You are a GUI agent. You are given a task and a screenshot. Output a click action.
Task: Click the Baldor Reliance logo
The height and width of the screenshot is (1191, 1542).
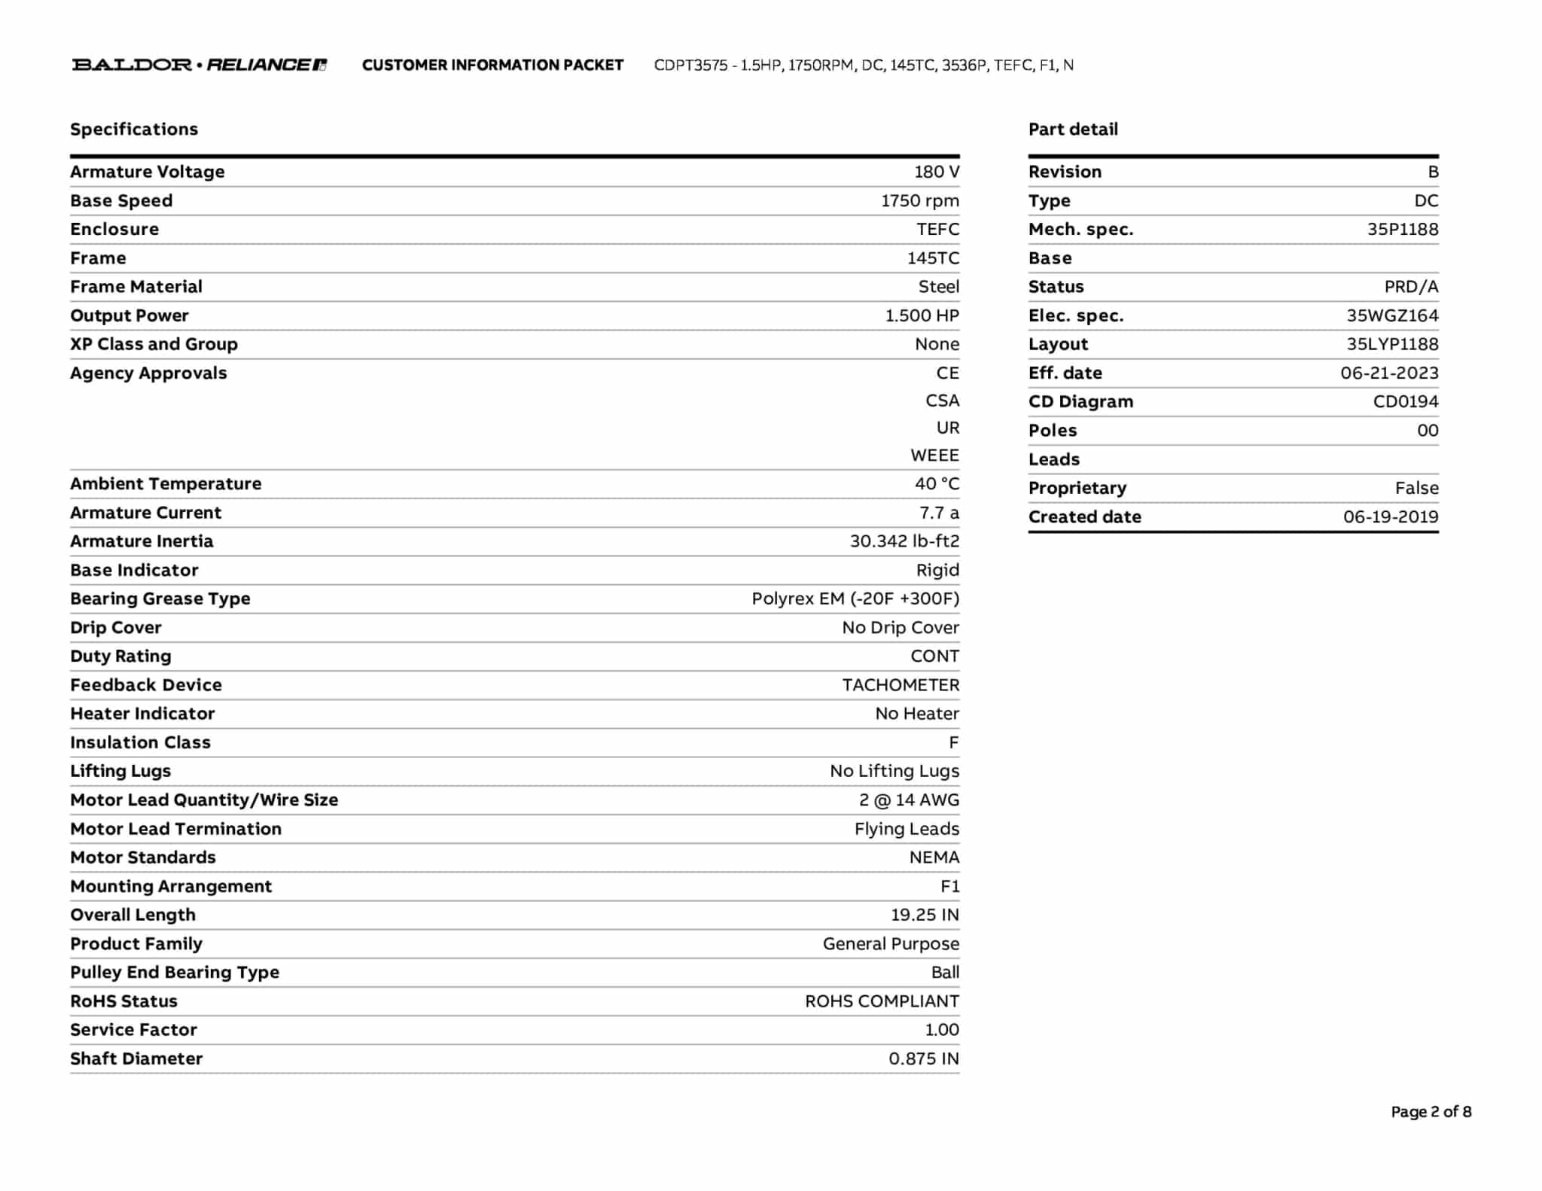pyautogui.click(x=199, y=65)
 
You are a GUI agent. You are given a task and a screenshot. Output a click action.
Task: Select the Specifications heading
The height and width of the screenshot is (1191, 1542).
pyautogui.click(x=134, y=129)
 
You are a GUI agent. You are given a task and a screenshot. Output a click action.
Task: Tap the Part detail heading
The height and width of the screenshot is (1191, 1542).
pyautogui.click(x=1073, y=129)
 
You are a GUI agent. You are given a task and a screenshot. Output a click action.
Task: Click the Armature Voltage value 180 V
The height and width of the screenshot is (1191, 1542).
pyautogui.click(x=936, y=172)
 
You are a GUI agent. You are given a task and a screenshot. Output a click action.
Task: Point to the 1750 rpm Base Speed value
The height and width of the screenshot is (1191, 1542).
pyautogui.click(x=919, y=201)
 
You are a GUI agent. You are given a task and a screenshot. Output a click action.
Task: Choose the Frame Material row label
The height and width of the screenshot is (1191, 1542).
pyautogui.click(x=136, y=287)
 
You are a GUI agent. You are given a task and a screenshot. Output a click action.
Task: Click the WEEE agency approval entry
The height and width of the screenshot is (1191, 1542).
pyautogui.click(x=934, y=455)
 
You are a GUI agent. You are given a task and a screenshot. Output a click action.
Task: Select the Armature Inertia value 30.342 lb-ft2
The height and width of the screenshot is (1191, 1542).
pyautogui.click(x=904, y=541)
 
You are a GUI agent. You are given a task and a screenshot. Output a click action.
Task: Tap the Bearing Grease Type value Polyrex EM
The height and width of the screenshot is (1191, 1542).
pyautogui.click(x=855, y=599)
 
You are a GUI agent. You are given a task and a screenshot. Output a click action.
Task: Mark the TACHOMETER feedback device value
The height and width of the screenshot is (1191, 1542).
pyautogui.click(x=901, y=685)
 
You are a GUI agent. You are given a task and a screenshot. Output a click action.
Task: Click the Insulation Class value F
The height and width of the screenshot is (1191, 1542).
pyautogui.click(x=953, y=742)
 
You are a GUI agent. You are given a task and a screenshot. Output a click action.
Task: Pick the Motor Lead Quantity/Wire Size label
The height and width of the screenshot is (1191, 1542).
pyautogui.click(x=204, y=800)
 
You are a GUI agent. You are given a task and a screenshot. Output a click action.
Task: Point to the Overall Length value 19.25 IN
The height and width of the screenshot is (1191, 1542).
pyautogui.click(x=925, y=915)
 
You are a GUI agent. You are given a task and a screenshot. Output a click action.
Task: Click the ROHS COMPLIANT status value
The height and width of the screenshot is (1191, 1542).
pyautogui.click(x=882, y=1001)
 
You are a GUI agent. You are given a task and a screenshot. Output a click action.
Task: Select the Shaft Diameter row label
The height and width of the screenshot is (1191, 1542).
pyautogui.click(x=136, y=1058)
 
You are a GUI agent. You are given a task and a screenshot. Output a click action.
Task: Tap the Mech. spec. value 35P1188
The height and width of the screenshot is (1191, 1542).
pyautogui.click(x=1402, y=230)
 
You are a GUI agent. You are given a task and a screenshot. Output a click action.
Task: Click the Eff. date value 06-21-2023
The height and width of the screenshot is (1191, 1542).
pyautogui.click(x=1388, y=373)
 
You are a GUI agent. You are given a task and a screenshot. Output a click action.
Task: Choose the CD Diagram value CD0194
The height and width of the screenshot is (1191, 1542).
pyautogui.click(x=1405, y=401)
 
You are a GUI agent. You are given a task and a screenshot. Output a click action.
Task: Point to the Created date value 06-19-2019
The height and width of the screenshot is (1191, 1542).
pyautogui.click(x=1390, y=516)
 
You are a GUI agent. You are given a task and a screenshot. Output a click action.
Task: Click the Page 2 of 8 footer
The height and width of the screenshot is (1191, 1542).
pyautogui.click(x=1431, y=1111)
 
